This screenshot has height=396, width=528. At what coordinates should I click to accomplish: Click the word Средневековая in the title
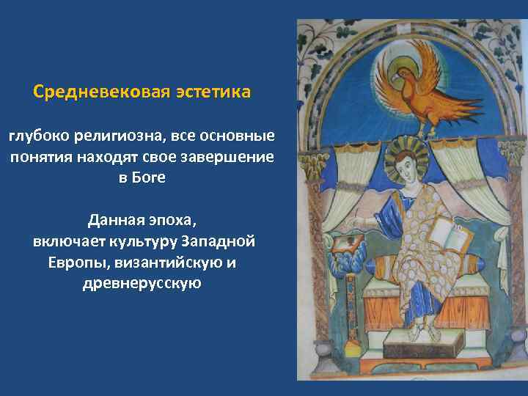(x=101, y=93)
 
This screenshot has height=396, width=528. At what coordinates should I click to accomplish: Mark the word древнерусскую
(x=142, y=283)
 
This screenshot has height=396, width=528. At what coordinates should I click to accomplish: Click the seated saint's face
(x=403, y=167)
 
